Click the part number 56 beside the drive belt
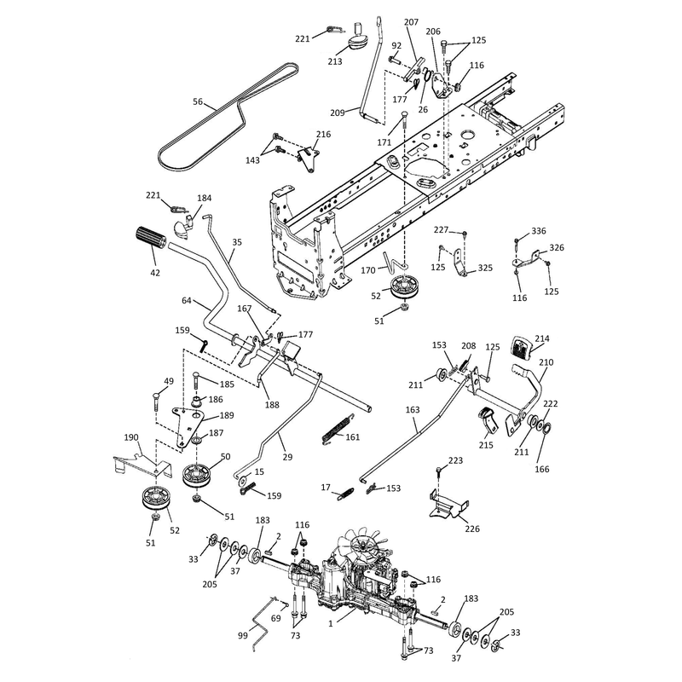tap(198, 101)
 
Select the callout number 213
tap(335, 61)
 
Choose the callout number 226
tap(472, 529)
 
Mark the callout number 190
tap(131, 437)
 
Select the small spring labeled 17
tap(346, 495)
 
